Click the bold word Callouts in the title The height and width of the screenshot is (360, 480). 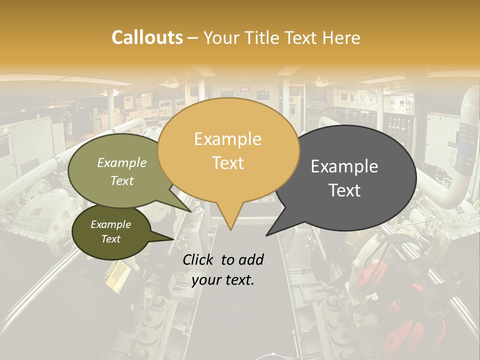(147, 37)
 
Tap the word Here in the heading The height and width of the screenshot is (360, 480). (341, 38)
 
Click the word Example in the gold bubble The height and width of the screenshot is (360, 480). (227, 139)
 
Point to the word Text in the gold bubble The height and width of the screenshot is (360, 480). (228, 163)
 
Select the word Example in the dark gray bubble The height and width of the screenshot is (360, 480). (344, 166)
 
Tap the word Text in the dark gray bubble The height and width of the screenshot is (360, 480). (345, 190)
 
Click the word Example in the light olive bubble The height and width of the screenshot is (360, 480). (122, 162)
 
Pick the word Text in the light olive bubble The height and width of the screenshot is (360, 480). (122, 180)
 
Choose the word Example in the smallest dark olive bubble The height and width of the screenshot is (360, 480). (110, 224)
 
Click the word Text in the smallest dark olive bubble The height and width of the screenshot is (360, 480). (110, 239)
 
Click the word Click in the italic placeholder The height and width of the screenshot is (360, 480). (199, 259)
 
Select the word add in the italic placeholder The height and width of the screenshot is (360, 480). (251, 259)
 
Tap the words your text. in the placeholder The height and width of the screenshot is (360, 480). (223, 280)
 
